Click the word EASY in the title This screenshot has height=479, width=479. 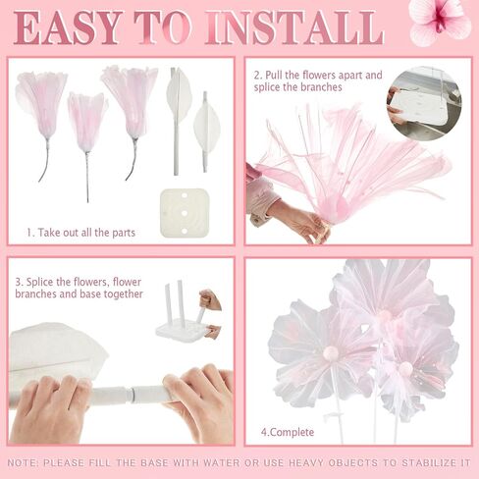pyautogui.click(x=67, y=27)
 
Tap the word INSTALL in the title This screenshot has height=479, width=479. pyautogui.click(x=294, y=27)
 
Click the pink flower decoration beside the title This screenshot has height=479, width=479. pyautogui.click(x=441, y=22)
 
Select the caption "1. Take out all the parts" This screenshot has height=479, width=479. pyautogui.click(x=80, y=233)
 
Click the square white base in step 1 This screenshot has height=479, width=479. pyautogui.click(x=185, y=213)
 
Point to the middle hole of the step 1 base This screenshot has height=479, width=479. pyautogui.click(x=185, y=213)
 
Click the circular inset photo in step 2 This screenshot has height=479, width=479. pyautogui.click(x=425, y=103)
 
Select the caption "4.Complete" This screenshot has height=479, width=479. pyautogui.click(x=288, y=432)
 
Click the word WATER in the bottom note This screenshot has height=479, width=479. pyautogui.click(x=222, y=463)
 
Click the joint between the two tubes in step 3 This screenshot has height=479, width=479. pyautogui.click(x=133, y=393)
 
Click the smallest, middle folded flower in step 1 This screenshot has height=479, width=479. pyautogui.click(x=86, y=125)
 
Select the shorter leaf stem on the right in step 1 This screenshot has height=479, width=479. pyautogui.click(x=206, y=131)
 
